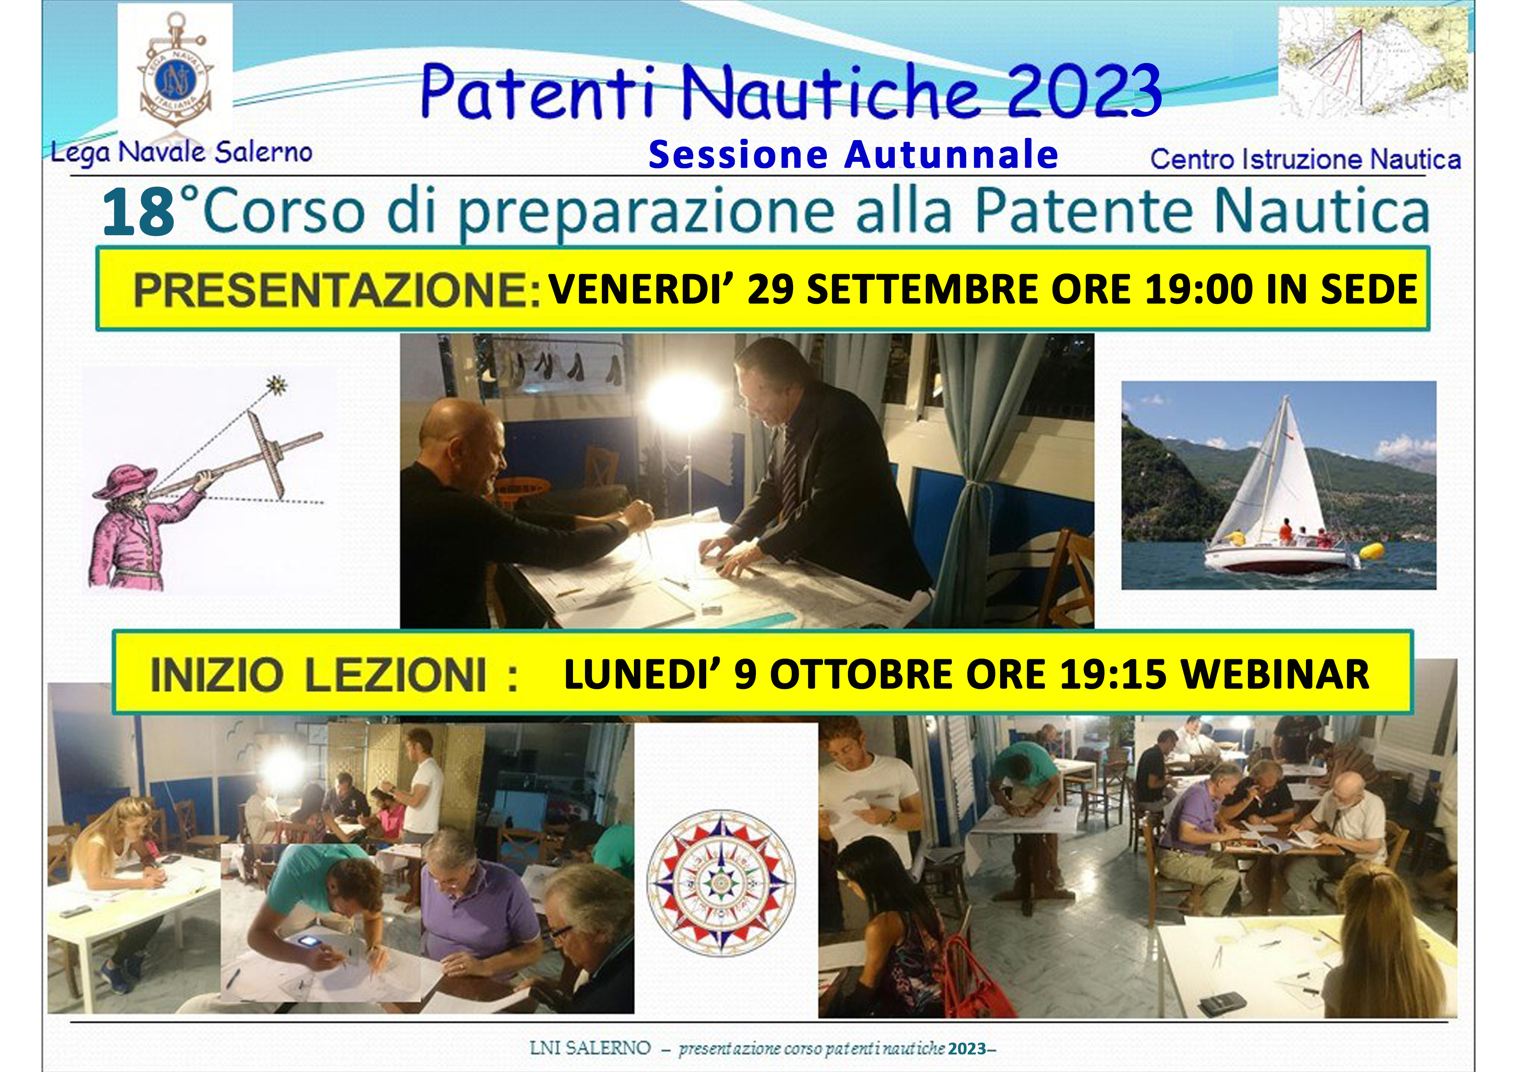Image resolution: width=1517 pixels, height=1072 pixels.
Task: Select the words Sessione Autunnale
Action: coord(854,155)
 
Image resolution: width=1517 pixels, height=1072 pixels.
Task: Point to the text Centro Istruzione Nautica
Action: coord(1306,159)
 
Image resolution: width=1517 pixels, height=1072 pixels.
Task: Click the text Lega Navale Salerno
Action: coord(181,154)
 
